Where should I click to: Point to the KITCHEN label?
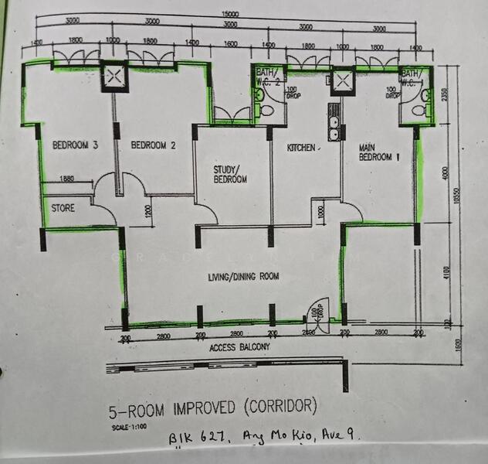click(302, 148)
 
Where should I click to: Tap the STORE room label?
click(63, 209)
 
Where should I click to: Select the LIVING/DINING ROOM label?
click(243, 276)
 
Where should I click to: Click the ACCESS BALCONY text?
click(240, 348)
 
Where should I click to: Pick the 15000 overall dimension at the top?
click(229, 14)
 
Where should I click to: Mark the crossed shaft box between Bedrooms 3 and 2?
click(114, 77)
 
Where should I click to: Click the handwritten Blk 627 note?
click(192, 439)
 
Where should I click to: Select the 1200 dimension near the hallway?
click(147, 210)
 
